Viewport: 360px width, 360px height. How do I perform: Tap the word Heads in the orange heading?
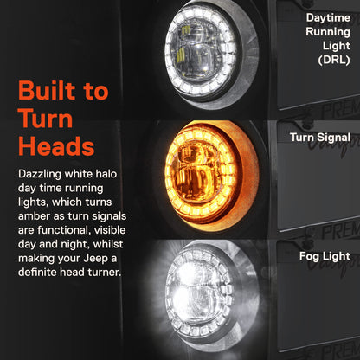tap(56, 146)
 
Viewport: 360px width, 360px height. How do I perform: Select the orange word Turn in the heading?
tap(45, 119)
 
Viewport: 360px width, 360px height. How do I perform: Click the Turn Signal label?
tap(320, 138)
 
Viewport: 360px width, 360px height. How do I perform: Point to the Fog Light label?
tap(325, 256)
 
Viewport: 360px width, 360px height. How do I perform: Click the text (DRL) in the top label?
tap(334, 60)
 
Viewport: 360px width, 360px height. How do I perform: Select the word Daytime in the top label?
tap(328, 18)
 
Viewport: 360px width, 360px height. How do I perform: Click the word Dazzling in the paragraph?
tap(40, 175)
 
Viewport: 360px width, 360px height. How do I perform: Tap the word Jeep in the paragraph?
tap(95, 259)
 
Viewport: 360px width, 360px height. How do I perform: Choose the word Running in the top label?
tap(328, 32)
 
